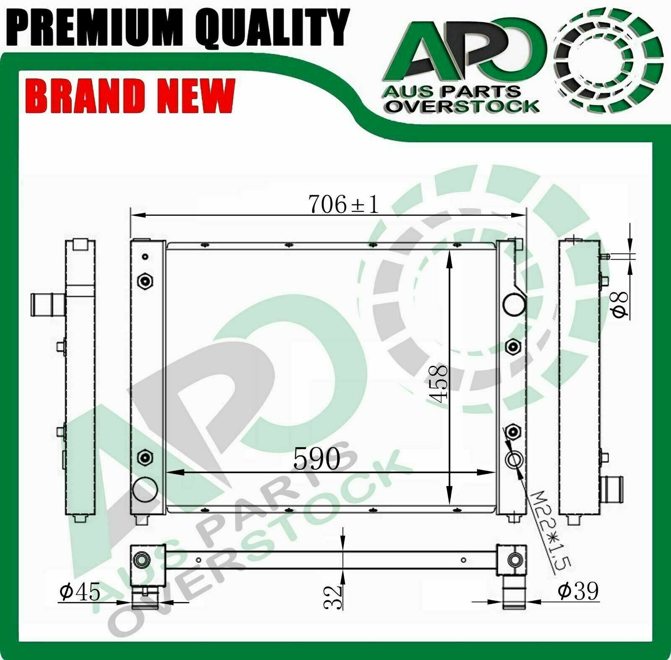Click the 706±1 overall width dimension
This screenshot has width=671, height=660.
(343, 204)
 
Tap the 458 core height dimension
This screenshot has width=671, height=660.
(440, 383)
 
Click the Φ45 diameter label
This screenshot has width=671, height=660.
(80, 592)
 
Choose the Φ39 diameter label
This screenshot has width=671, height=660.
(578, 591)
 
